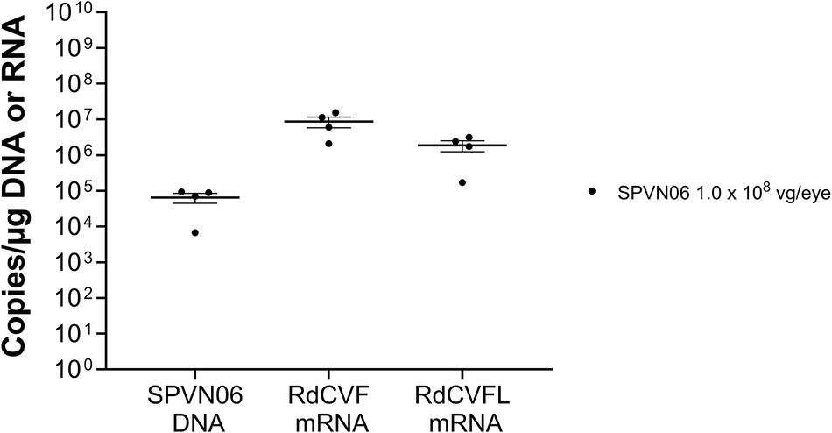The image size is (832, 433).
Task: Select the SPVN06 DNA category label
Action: point(195,411)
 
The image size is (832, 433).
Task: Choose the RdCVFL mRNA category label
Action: point(462,411)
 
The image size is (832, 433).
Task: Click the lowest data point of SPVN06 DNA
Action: point(195,232)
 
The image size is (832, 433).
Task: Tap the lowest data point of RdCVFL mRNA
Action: point(462,182)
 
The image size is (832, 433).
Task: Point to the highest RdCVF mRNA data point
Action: point(335,113)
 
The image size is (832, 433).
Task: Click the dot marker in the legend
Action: point(593,190)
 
